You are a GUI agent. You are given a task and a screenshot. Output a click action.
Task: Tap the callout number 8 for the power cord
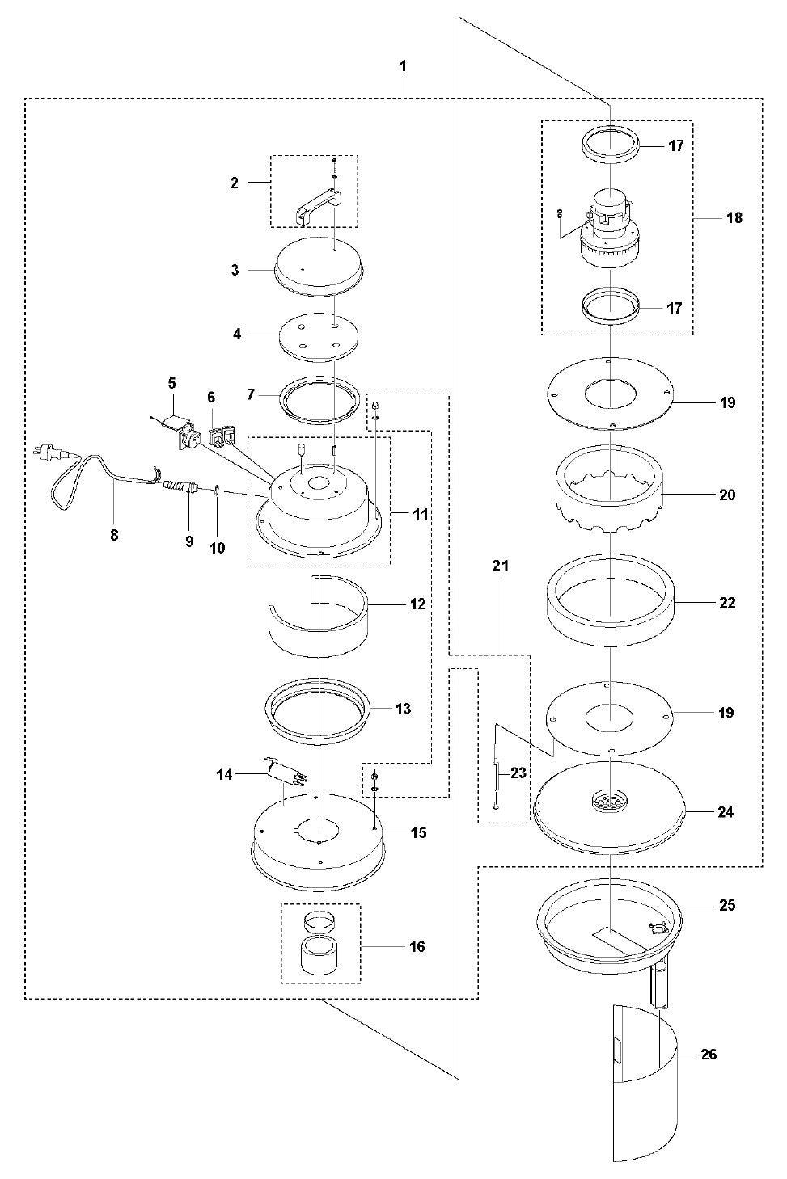(113, 534)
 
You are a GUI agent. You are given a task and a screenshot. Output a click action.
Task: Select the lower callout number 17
(675, 308)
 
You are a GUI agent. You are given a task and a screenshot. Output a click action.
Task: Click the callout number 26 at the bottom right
(709, 1054)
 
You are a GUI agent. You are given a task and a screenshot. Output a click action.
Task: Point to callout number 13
(403, 709)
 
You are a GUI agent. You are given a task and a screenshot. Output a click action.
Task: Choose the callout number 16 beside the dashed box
(417, 946)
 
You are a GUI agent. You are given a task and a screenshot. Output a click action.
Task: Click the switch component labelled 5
(176, 427)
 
